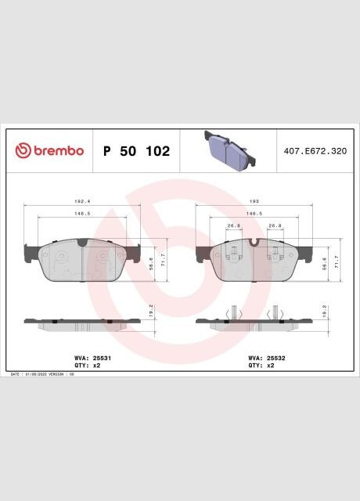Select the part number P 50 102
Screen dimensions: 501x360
point(136,151)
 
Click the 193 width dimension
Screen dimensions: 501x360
point(254,201)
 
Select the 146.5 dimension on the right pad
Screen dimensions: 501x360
point(254,213)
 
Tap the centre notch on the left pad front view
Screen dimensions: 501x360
point(82,243)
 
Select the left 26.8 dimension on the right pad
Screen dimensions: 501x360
point(233,226)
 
